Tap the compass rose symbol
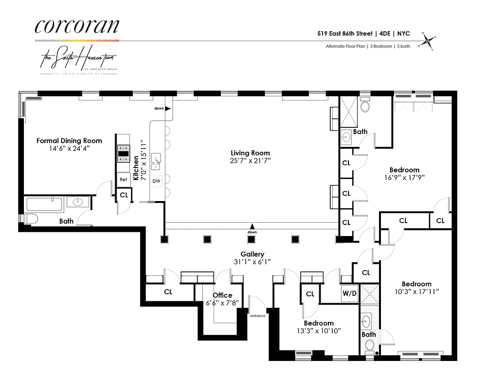click(x=428, y=40)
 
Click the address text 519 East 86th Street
click(x=345, y=34)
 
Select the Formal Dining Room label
click(x=69, y=141)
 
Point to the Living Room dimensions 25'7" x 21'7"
click(x=250, y=161)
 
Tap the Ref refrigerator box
click(x=123, y=180)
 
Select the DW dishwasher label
click(x=156, y=181)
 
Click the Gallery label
click(x=252, y=254)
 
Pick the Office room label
click(x=222, y=295)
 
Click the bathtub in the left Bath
click(x=44, y=205)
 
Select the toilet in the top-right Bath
click(x=366, y=106)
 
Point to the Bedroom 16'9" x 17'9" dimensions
click(x=404, y=177)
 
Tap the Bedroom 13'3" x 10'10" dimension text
click(x=318, y=330)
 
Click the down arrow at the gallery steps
click(x=252, y=226)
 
